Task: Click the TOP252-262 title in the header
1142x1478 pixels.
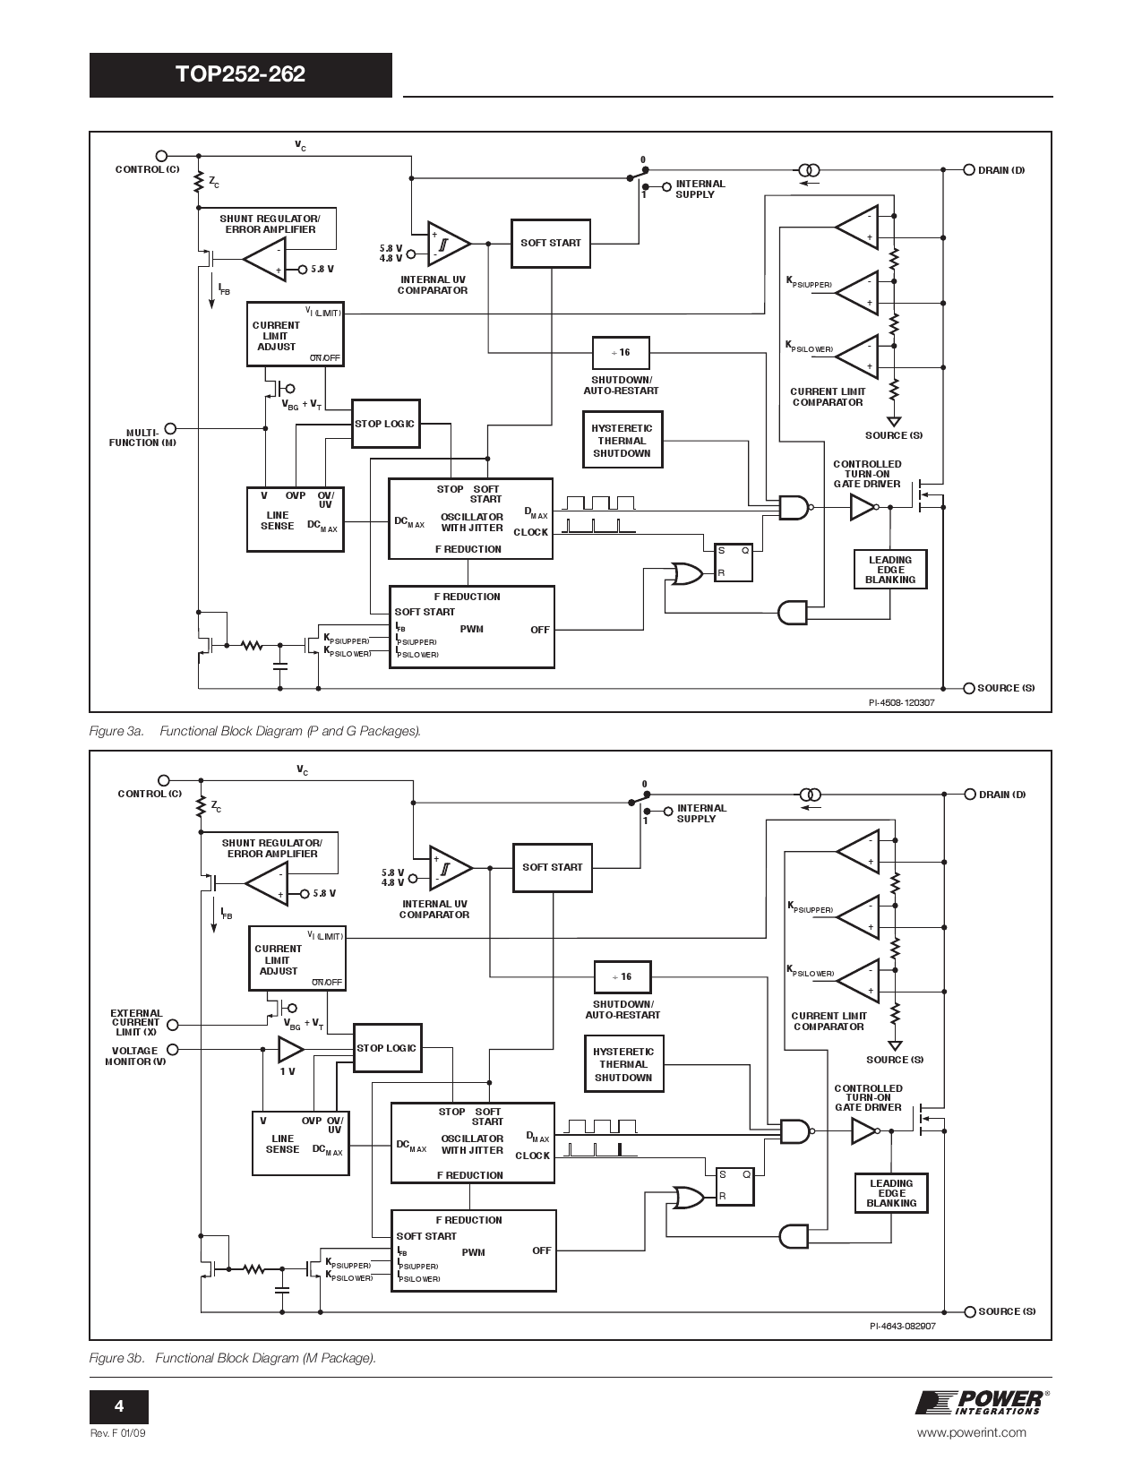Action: pos(240,74)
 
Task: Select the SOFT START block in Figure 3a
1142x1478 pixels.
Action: pos(550,243)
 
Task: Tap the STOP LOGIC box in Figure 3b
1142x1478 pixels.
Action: pos(387,1048)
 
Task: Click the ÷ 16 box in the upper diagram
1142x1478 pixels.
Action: pos(621,353)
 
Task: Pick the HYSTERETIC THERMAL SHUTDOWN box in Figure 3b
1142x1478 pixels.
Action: pos(623,1065)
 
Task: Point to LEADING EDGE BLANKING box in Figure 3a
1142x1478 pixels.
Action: pos(889,570)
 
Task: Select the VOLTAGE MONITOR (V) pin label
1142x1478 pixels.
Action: pos(134,1056)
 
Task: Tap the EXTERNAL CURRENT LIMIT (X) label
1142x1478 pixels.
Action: pos(136,1023)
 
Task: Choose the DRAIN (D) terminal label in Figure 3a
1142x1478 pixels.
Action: pos(1001,170)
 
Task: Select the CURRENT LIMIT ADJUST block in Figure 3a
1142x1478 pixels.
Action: pos(295,334)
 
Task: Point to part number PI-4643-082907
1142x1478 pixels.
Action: pos(902,1327)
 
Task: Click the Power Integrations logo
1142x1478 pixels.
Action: pos(980,1403)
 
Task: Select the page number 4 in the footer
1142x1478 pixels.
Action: pos(118,1405)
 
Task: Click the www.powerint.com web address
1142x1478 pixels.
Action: pos(972,1432)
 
